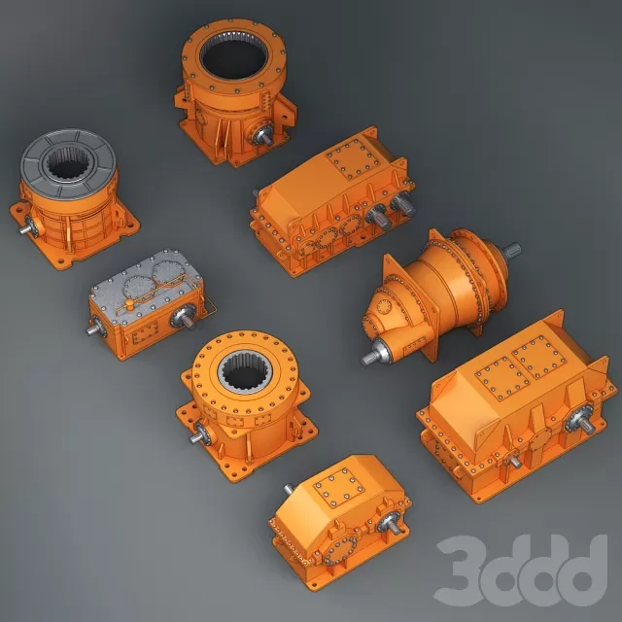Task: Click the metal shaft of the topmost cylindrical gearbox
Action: pyautogui.click(x=264, y=137)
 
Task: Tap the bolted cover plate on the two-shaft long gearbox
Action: pyautogui.click(x=352, y=157)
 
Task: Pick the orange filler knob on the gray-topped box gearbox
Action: pyautogui.click(x=129, y=304)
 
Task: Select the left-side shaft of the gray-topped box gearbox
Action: pyautogui.click(x=91, y=328)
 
